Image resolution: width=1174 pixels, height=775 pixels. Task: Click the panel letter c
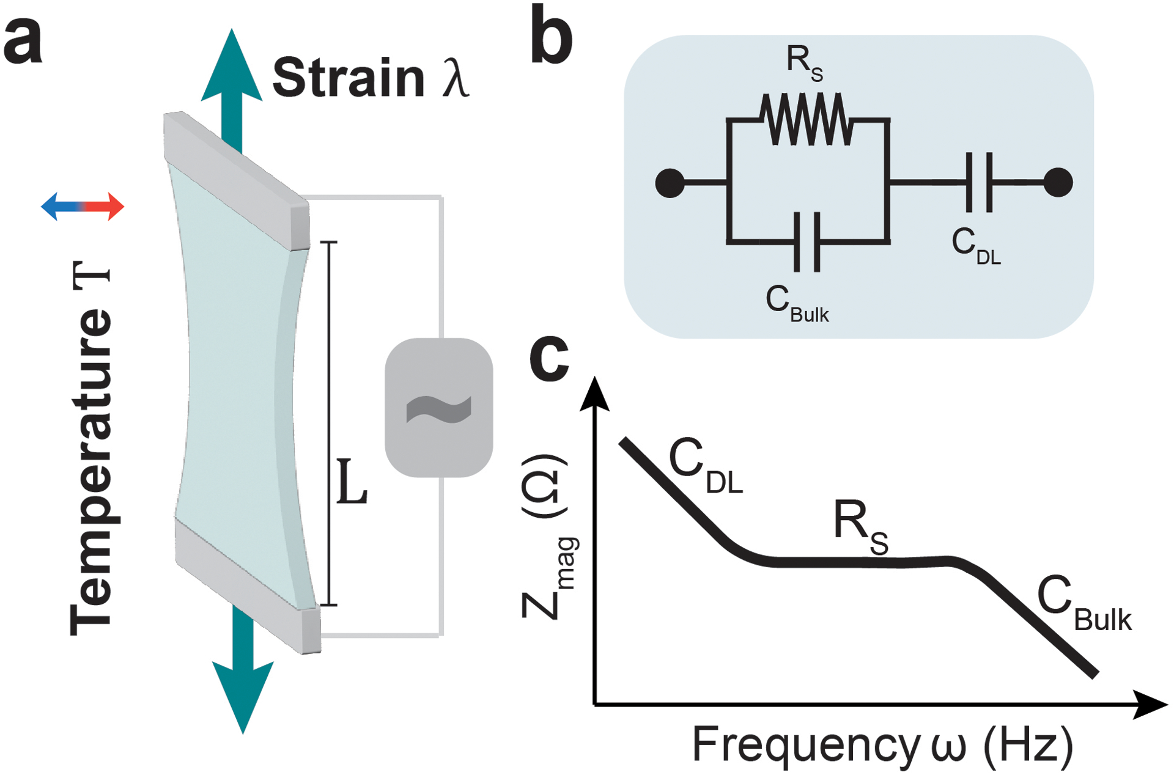click(x=548, y=360)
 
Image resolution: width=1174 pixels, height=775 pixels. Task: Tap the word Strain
click(x=349, y=78)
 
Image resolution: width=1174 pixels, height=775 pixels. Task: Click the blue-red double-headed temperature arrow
click(x=83, y=207)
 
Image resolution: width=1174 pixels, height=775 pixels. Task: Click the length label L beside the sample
click(x=352, y=483)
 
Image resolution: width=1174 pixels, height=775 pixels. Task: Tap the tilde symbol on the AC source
click(x=438, y=408)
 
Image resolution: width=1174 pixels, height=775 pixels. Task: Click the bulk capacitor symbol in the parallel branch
click(x=807, y=242)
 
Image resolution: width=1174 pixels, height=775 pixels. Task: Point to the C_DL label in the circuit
click(x=975, y=246)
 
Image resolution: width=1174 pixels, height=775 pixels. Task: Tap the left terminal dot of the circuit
click(x=670, y=183)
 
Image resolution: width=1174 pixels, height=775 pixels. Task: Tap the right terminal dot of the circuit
click(x=1058, y=182)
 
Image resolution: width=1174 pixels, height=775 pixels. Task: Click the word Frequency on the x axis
click(x=805, y=745)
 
